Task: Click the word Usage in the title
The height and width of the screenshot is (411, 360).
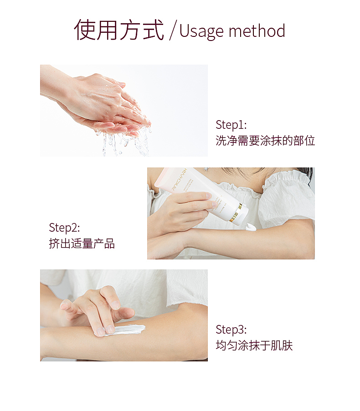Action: click(201, 31)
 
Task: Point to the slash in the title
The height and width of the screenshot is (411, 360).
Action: click(172, 31)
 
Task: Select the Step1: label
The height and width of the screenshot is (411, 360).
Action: click(231, 125)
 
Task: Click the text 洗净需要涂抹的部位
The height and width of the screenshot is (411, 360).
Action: click(265, 141)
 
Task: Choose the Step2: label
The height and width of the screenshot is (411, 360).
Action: click(64, 228)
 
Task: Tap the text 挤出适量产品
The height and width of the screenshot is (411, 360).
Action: click(82, 244)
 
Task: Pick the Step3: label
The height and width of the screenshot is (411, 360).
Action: click(231, 330)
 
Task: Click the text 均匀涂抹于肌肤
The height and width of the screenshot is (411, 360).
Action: click(254, 345)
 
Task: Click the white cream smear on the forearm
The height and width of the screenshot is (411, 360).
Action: click(128, 329)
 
